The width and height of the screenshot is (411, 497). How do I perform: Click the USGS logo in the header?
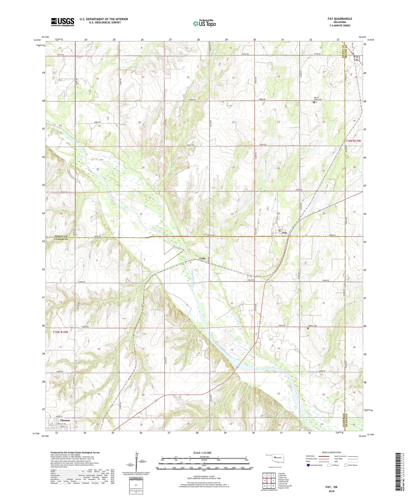click(62, 22)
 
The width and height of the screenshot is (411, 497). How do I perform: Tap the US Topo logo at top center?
click(204, 24)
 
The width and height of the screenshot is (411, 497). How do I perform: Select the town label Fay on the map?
click(285, 233)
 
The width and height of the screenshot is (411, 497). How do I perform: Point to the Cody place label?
click(202, 259)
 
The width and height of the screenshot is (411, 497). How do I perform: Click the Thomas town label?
click(65, 420)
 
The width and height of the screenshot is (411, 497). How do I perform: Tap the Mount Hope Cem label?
click(318, 99)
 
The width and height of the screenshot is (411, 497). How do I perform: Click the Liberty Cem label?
click(312, 326)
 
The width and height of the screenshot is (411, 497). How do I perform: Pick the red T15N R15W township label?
click(60, 332)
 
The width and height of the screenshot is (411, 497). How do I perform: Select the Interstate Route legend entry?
click(314, 465)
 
